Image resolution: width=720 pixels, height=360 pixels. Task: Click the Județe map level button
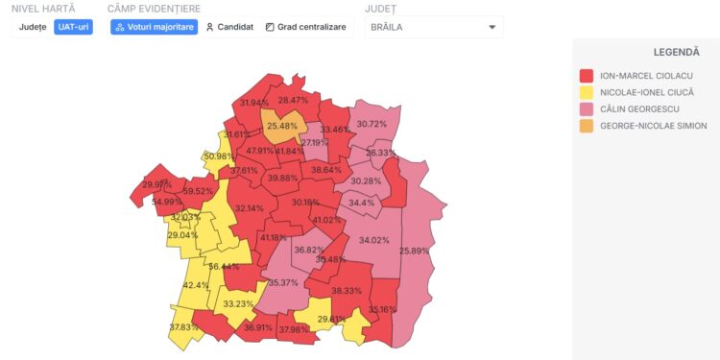click(33, 27)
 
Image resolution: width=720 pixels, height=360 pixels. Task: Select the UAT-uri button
click(73, 27)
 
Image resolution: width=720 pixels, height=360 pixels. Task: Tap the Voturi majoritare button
click(155, 27)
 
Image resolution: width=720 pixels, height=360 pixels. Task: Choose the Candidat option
click(230, 27)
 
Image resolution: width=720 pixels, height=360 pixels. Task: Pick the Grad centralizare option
click(305, 27)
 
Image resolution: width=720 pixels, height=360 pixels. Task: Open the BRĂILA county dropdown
click(434, 27)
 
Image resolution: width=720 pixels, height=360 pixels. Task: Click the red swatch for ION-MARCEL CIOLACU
click(586, 75)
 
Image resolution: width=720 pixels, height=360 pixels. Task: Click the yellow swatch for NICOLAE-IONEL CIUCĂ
click(586, 92)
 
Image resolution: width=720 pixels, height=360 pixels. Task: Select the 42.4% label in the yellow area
click(196, 285)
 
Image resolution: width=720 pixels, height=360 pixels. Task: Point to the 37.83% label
click(185, 327)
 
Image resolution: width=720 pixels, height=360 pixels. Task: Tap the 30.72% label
click(372, 124)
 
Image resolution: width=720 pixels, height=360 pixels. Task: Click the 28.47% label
click(294, 100)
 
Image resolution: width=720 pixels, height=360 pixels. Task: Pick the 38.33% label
click(347, 291)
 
